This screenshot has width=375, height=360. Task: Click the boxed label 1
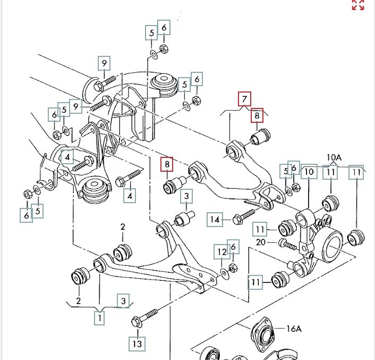point(99,319)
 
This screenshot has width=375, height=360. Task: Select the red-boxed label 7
point(244,99)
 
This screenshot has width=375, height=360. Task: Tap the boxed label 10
point(310,172)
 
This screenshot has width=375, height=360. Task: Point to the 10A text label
point(334,157)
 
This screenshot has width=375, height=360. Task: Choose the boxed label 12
point(221,251)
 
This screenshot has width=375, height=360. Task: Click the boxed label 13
point(138,344)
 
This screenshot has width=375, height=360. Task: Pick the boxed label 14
point(215,219)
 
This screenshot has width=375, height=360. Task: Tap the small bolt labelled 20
point(287,245)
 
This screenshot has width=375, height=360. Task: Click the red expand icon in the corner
point(358,5)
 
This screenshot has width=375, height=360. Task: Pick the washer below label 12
point(224,273)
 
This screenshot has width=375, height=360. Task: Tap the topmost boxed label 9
point(105,64)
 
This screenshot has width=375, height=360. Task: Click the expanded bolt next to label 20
point(287,245)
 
